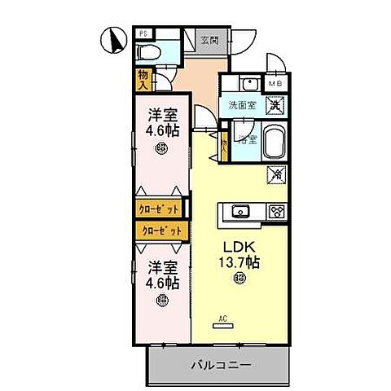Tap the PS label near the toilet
click(x=143, y=35)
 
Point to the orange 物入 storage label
click(x=144, y=78)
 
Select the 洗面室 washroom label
click(x=242, y=105)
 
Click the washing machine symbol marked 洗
click(x=276, y=104)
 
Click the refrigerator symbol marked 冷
click(x=277, y=174)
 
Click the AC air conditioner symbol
click(x=222, y=322)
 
